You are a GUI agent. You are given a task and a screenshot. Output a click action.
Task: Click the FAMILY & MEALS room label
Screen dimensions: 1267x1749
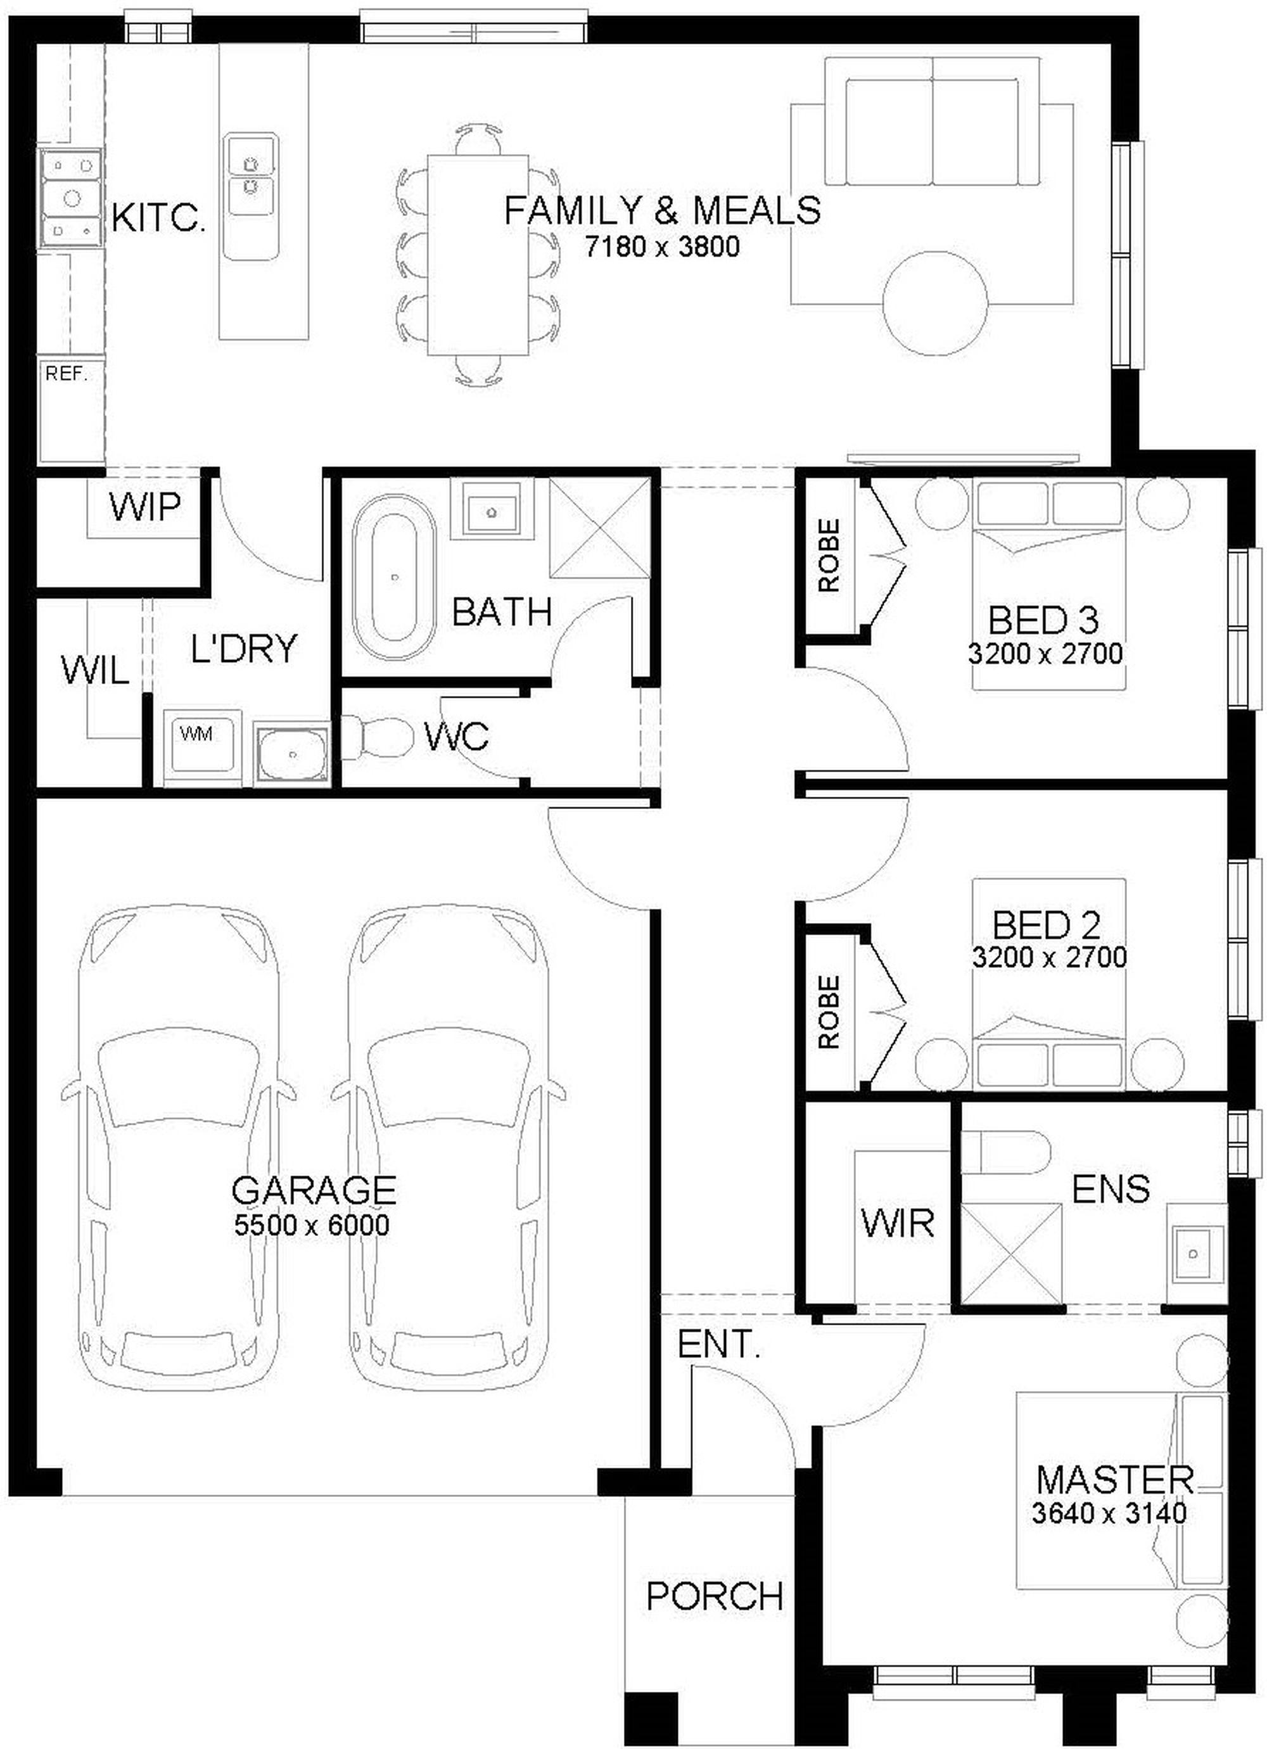[x=663, y=210]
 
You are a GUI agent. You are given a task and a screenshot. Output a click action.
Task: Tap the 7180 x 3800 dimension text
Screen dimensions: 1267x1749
[x=663, y=247]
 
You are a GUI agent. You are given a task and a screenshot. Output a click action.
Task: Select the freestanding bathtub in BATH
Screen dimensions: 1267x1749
[x=394, y=578]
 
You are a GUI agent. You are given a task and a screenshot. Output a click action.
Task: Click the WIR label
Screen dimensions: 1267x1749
[x=898, y=1223]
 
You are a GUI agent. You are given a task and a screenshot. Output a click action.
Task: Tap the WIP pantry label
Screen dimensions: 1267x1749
[x=145, y=507]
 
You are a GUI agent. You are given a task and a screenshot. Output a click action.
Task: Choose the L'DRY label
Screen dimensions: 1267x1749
[x=244, y=649]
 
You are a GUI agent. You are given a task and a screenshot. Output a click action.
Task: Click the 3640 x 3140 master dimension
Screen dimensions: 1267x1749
[x=1109, y=1513]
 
